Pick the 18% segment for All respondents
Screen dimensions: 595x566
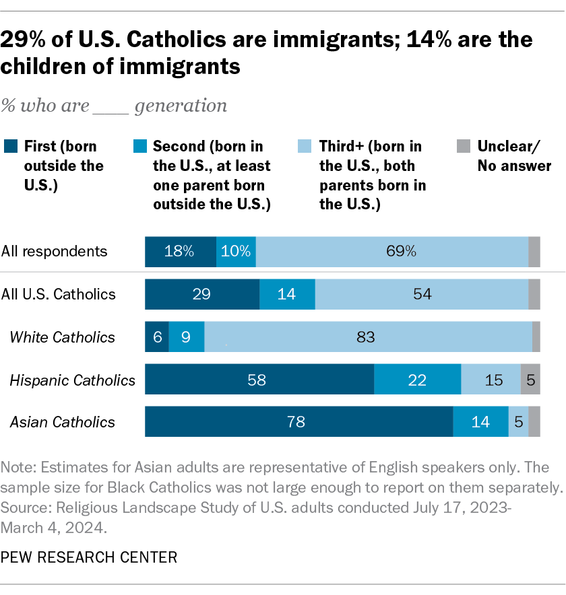click(181, 251)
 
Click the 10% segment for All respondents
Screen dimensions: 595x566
click(236, 251)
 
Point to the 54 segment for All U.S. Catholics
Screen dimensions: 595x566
click(422, 294)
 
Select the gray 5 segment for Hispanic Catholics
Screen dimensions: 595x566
click(530, 380)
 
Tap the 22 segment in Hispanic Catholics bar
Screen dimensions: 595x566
click(417, 380)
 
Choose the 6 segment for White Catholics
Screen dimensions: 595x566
click(157, 337)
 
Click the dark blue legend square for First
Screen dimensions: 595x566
click(10, 146)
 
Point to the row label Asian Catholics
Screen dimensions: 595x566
click(62, 423)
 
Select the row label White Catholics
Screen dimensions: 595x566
click(63, 337)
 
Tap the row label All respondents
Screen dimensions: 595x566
click(55, 252)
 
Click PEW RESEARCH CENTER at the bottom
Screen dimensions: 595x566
click(89, 557)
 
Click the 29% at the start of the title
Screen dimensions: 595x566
click(22, 40)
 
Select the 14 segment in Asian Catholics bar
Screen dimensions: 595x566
click(480, 422)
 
